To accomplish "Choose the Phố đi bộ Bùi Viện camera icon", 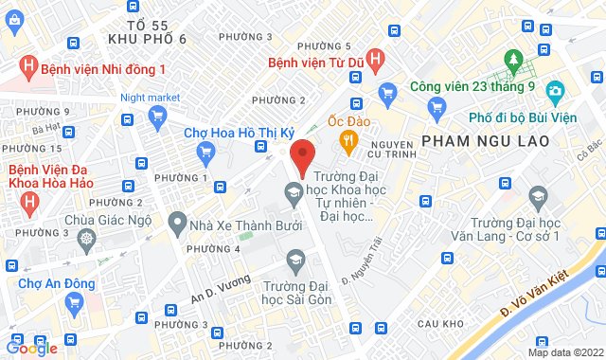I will (x=556, y=92).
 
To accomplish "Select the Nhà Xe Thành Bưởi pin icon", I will (x=176, y=224).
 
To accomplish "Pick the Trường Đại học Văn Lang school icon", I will (x=538, y=198).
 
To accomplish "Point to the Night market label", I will (x=150, y=97).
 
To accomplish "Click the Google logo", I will (x=30, y=348).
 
